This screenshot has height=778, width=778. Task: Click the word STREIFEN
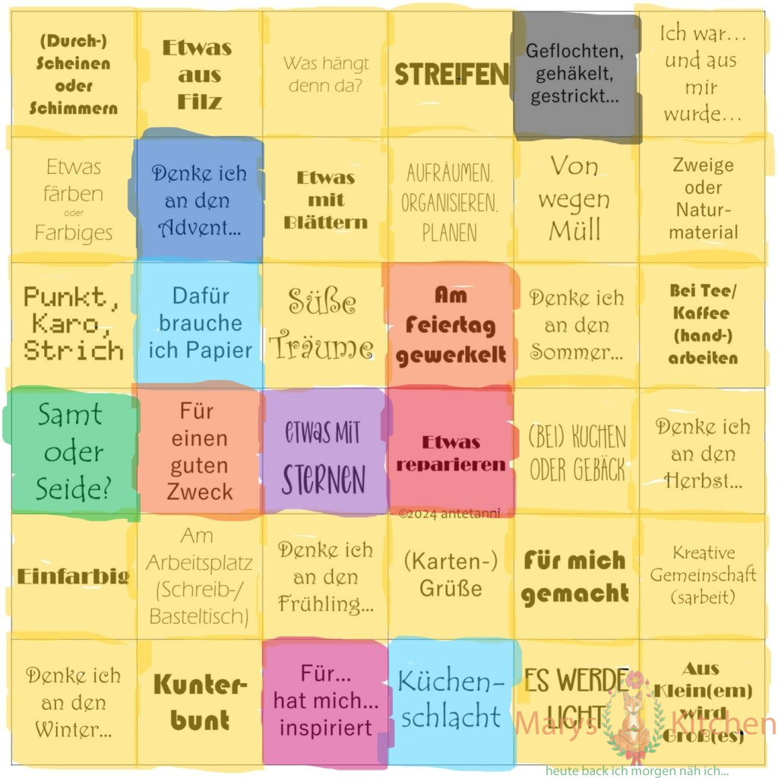pyautogui.click(x=451, y=74)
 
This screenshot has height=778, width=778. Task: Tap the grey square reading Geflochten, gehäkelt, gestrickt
pyautogui.click(x=577, y=74)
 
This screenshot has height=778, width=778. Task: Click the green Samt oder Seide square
pyautogui.click(x=73, y=453)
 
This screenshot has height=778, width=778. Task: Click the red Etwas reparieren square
pyautogui.click(x=451, y=453)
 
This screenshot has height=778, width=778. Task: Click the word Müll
pyautogui.click(x=574, y=229)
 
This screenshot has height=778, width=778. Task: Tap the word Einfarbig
pyautogui.click(x=73, y=576)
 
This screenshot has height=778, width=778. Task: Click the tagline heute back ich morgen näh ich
pyautogui.click(x=637, y=770)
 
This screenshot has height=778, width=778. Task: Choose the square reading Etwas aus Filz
pyautogui.click(x=199, y=74)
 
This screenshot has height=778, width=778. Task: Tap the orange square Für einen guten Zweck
pyautogui.click(x=199, y=453)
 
